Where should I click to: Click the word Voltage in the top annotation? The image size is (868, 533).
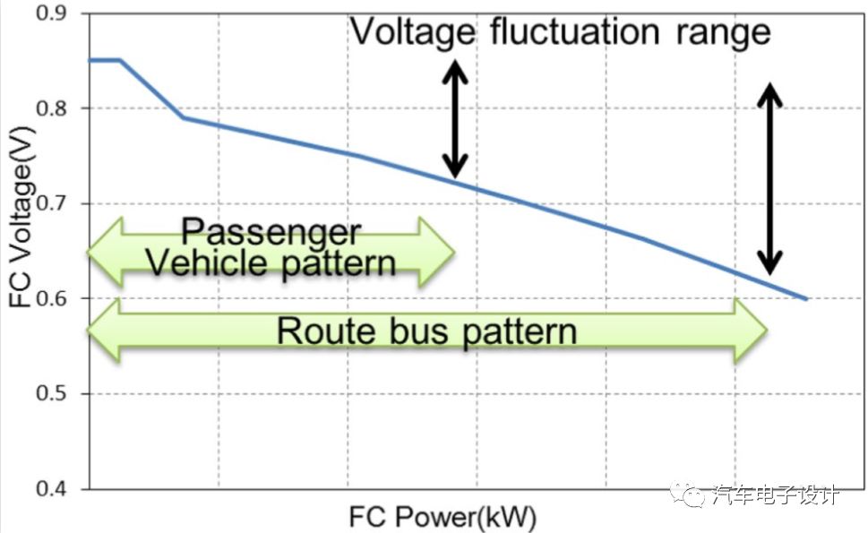(413, 32)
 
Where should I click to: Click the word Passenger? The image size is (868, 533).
(271, 231)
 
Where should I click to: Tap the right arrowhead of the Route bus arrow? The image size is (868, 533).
(751, 331)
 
